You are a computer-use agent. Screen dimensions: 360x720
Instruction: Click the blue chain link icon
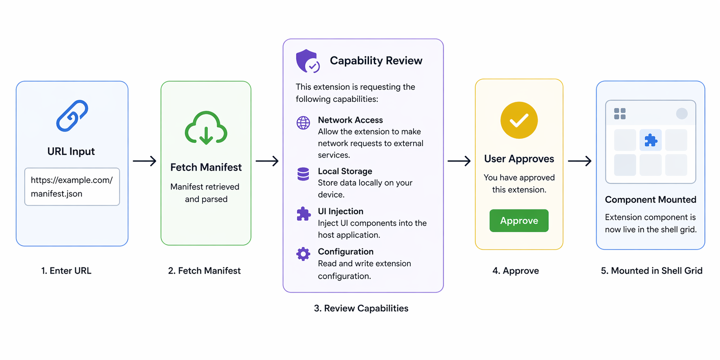72,116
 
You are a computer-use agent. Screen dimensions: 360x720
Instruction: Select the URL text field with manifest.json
72,187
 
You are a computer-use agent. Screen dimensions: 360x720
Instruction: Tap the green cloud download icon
206,128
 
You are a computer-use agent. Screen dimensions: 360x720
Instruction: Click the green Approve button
519,221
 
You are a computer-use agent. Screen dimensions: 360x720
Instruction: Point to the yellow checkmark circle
519,120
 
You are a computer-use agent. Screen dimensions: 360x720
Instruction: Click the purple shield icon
307,61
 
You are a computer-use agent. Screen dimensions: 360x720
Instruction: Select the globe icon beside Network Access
303,123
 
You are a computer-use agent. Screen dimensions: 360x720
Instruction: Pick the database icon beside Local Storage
303,174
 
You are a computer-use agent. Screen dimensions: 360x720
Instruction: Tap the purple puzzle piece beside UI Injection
303,214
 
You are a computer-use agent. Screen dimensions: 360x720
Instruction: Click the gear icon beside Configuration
303,254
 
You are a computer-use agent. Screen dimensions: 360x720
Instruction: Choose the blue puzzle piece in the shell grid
651,140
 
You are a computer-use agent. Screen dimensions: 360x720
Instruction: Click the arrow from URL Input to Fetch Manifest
144,161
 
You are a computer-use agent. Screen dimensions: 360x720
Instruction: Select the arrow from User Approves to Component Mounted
579,161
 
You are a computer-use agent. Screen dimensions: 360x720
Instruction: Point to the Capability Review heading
376,61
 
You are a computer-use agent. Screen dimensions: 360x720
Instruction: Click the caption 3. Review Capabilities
361,308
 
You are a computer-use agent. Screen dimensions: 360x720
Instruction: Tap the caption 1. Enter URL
66,271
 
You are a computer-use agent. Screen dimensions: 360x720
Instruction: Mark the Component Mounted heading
650,200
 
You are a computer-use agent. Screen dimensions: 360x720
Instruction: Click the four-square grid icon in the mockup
620,114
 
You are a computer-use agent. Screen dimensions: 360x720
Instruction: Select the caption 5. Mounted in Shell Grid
651,271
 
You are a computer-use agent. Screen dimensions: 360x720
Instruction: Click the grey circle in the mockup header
681,114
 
